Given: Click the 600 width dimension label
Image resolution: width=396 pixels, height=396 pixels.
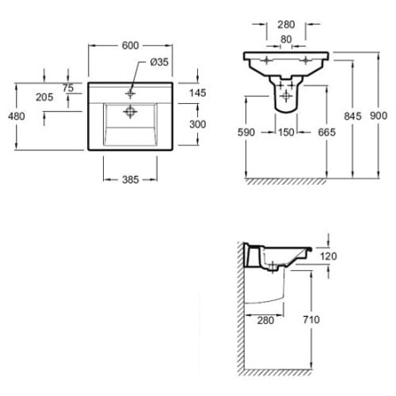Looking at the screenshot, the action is point(130,46).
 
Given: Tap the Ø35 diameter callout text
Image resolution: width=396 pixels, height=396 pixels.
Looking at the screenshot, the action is point(159,62).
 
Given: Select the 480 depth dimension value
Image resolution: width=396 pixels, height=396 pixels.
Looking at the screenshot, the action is point(17,116).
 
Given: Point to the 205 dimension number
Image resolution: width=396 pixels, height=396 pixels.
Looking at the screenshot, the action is point(45,97).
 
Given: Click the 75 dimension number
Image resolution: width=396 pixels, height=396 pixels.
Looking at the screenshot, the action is point(68,88).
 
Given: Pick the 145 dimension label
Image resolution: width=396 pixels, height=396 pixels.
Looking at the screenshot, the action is point(198,93).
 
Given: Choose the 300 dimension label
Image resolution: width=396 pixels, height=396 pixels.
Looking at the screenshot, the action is point(198,124).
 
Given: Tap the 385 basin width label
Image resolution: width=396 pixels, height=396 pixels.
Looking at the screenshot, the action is point(130,180).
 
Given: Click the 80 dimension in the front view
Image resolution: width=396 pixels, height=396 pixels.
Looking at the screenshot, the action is point(286,40).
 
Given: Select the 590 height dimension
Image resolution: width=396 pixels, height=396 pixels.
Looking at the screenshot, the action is point(246,132).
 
